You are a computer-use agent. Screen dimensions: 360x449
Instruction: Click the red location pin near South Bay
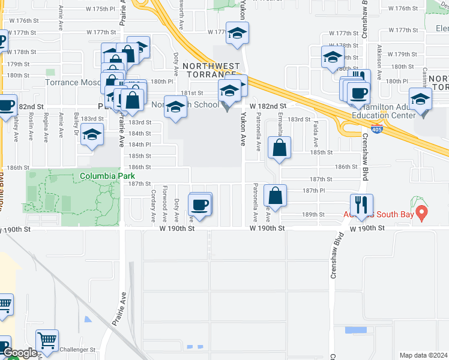click(421, 212)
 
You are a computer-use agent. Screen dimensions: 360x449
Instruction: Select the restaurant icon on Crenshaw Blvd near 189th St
click(361, 204)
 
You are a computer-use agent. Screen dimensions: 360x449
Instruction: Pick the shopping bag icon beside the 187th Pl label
click(275, 196)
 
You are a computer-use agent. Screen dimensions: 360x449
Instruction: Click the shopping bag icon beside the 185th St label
click(279, 148)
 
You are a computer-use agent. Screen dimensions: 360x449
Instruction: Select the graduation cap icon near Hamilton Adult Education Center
click(420, 98)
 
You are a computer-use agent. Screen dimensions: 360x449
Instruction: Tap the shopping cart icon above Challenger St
click(47, 340)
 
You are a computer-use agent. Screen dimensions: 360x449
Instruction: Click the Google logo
click(20, 353)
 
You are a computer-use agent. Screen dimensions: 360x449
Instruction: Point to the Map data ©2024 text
click(423, 355)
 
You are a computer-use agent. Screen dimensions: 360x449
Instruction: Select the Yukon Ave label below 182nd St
click(243, 128)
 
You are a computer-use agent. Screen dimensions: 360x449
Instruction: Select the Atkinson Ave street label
click(379, 58)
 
